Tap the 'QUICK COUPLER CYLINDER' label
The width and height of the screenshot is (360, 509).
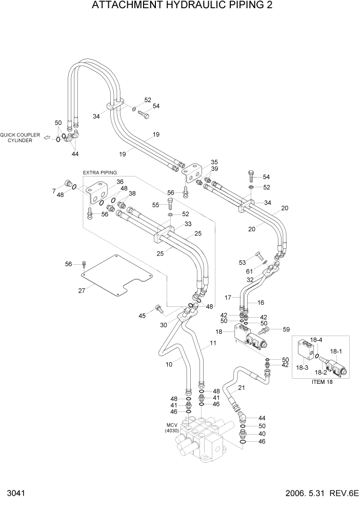coord(19,138)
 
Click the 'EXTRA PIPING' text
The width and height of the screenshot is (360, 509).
coord(100,172)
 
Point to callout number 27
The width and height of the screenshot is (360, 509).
coord(82,291)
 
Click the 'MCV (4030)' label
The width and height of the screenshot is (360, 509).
coord(171,427)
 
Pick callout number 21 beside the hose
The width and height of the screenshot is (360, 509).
coord(242,388)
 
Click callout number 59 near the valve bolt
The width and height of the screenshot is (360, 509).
coord(286,329)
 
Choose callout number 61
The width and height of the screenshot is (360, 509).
coord(249,271)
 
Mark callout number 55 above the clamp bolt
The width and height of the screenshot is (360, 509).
coord(156,205)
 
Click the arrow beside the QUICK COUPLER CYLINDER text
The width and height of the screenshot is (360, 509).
coord(47,138)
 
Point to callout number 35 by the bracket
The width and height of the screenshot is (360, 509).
coord(214,162)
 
